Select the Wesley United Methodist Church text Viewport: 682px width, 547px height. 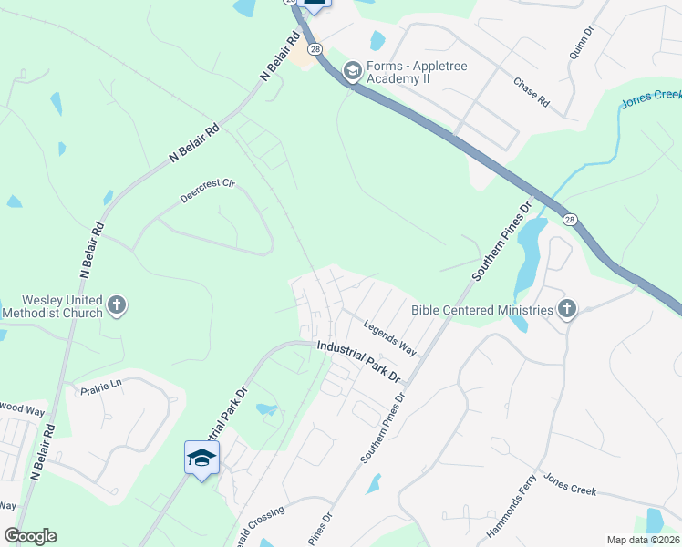tap(52, 306)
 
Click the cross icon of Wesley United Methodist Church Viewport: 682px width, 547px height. tap(117, 305)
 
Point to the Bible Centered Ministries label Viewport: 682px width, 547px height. tap(482, 310)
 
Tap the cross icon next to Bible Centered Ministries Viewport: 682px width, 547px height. tap(566, 309)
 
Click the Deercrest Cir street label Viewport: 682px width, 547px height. tap(208, 191)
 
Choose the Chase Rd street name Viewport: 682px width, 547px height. tap(531, 92)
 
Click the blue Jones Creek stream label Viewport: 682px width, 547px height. tap(652, 99)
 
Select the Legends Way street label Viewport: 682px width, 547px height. tap(389, 336)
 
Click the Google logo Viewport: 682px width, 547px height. tap(30, 536)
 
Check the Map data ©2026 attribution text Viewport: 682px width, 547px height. tap(642, 540)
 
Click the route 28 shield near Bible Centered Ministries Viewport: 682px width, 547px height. tap(570, 220)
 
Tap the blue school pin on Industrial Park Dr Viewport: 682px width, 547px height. tap(201, 457)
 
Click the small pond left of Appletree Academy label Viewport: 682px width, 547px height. tap(377, 40)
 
